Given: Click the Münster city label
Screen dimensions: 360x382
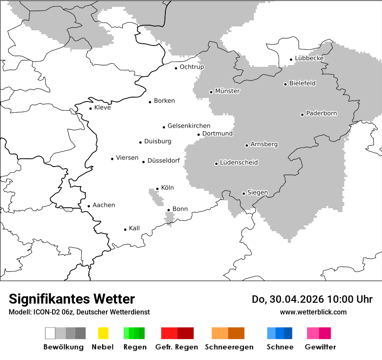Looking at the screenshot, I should (x=227, y=91).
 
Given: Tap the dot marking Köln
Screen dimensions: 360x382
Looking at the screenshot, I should (x=157, y=189).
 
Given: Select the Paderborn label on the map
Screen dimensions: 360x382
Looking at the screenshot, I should (x=321, y=114).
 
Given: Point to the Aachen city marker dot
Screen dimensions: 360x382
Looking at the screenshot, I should (x=89, y=206).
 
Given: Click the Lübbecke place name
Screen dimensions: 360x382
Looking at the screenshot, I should (x=309, y=58).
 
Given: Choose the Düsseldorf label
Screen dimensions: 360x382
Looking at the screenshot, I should (x=163, y=161).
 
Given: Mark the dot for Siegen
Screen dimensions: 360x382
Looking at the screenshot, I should (x=244, y=193).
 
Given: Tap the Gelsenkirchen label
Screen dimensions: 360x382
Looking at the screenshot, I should (x=189, y=126).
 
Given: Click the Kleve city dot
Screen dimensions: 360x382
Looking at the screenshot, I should (x=90, y=108).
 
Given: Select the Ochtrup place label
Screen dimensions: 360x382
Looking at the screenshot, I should (x=191, y=67).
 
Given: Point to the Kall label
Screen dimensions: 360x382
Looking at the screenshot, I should (x=134, y=228).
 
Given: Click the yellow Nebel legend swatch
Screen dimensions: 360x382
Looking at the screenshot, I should (x=103, y=333).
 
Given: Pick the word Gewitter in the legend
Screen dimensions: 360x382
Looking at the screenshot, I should (x=320, y=347).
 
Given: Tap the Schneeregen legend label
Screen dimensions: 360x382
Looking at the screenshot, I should (x=229, y=347).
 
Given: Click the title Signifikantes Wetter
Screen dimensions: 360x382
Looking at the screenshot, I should (x=72, y=299).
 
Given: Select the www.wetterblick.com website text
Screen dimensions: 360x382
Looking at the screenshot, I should (x=313, y=312).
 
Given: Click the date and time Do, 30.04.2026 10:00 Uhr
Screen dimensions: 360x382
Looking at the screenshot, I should (x=312, y=299).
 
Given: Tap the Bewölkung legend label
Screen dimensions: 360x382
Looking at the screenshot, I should (x=63, y=347).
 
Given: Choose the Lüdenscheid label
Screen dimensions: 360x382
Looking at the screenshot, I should (x=239, y=163).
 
